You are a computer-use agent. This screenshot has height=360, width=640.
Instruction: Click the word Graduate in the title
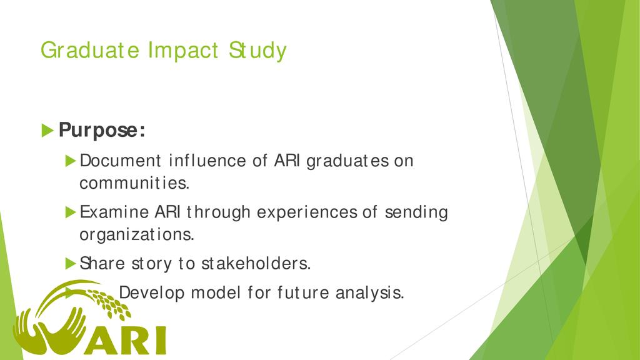90,51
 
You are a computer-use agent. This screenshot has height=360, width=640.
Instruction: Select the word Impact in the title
183,51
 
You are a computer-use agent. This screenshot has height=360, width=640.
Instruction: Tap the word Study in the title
257,51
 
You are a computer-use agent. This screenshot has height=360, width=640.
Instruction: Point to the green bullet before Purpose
47,131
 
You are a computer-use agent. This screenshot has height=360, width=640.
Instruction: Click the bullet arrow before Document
71,161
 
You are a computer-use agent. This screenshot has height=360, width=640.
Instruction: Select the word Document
120,161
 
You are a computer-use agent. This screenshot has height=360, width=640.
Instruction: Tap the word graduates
347,161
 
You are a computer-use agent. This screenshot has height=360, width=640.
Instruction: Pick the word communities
134,183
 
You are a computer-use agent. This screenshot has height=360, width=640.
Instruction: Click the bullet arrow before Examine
71,212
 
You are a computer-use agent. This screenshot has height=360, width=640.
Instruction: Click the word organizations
137,235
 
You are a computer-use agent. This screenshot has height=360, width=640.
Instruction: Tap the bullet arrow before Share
71,264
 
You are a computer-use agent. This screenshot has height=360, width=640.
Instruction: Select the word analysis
370,292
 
